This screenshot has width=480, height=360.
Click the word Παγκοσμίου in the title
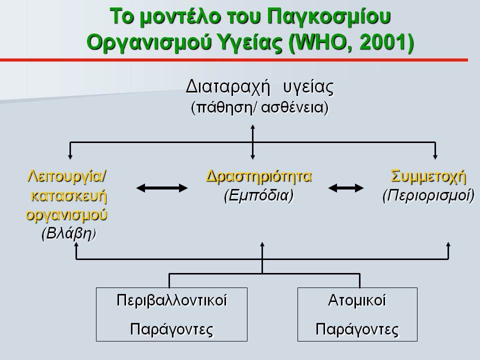[329, 16]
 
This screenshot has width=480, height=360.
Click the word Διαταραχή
[228, 87]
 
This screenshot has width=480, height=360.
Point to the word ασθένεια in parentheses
[294, 107]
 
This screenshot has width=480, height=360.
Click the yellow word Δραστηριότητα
[259, 176]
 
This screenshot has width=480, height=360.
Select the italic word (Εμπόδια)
[258, 195]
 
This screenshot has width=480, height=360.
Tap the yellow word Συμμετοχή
[428, 176]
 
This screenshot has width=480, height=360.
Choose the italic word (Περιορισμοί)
[428, 195]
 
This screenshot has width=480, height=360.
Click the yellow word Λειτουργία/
[67, 176]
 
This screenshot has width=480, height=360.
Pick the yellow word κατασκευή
[69, 196]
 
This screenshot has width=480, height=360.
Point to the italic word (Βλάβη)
[68, 233]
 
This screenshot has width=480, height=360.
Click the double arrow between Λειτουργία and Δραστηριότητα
[162, 188]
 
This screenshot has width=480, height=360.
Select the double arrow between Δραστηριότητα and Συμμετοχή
[346, 188]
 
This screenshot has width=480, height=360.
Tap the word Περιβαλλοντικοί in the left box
[171, 300]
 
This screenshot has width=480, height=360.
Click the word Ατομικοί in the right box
[357, 300]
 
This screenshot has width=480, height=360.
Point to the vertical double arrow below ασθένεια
[252, 141]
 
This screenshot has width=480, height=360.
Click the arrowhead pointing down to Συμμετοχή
[435, 156]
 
